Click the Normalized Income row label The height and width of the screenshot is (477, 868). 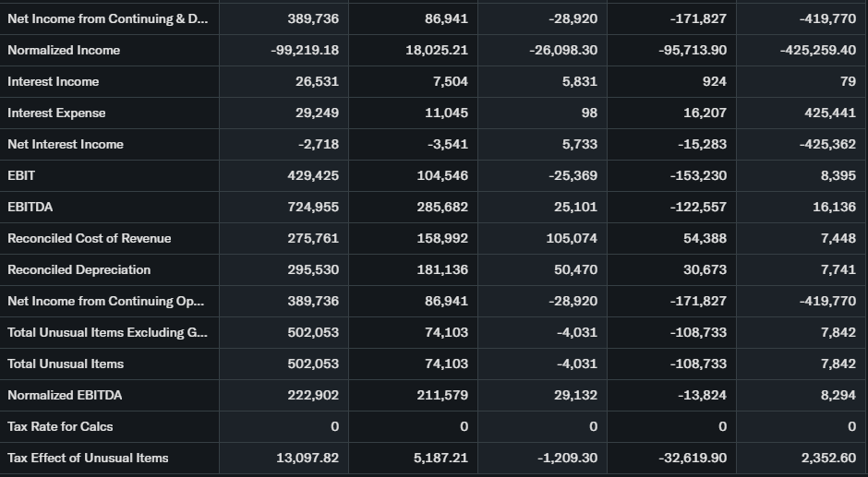click(64, 50)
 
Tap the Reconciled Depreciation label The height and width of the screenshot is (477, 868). click(78, 269)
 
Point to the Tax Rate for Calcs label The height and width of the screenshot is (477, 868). click(60, 426)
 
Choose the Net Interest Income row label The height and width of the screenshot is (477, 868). click(65, 144)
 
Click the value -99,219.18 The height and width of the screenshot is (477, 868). click(305, 50)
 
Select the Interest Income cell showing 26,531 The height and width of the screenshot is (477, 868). click(317, 81)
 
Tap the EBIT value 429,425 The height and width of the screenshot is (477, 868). click(313, 175)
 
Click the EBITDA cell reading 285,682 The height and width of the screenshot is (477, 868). click(442, 207)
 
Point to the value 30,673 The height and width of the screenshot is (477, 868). click(705, 269)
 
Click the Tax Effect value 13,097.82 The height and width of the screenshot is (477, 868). click(307, 458)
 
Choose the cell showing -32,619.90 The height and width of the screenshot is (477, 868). click(693, 458)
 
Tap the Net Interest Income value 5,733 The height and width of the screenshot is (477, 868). click(579, 144)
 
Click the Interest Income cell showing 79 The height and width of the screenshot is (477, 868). click(848, 81)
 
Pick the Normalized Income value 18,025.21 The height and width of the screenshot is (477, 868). click(437, 50)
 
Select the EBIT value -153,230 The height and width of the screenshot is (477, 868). click(698, 175)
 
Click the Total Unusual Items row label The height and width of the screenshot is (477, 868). click(66, 364)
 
